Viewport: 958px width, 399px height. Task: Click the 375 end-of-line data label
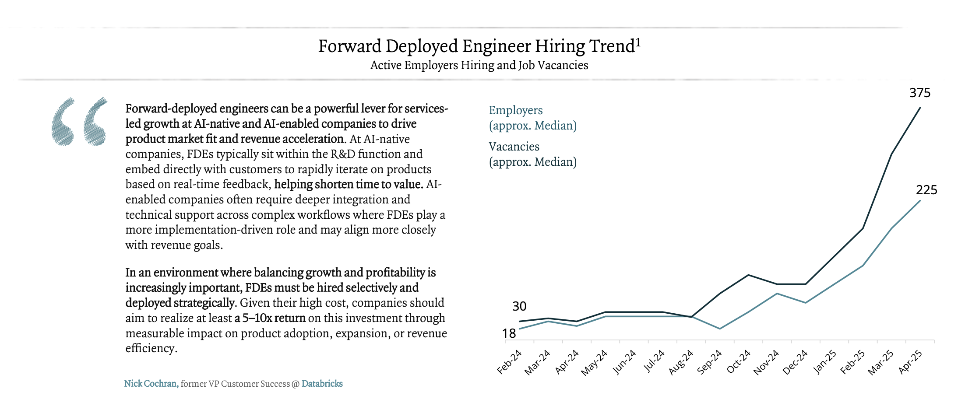[919, 93]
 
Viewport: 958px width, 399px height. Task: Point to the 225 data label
[926, 190]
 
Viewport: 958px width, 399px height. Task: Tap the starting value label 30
[519, 306]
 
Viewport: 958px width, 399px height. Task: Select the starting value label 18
[509, 334]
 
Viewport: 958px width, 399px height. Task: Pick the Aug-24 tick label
[681, 362]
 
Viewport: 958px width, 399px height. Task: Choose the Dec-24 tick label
[795, 362]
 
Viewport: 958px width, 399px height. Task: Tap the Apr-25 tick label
[910, 362]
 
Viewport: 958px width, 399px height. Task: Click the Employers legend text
[515, 110]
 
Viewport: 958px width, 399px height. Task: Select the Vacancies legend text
[514, 147]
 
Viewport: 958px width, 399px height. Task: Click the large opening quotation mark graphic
[79, 122]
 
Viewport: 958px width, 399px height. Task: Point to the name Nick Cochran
[151, 384]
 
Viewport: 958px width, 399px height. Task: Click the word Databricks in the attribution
[322, 384]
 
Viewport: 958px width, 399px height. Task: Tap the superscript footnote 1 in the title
[638, 42]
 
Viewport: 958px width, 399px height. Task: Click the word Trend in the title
[612, 46]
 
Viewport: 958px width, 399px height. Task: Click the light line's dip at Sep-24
[720, 329]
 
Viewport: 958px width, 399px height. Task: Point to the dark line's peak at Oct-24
[748, 275]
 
